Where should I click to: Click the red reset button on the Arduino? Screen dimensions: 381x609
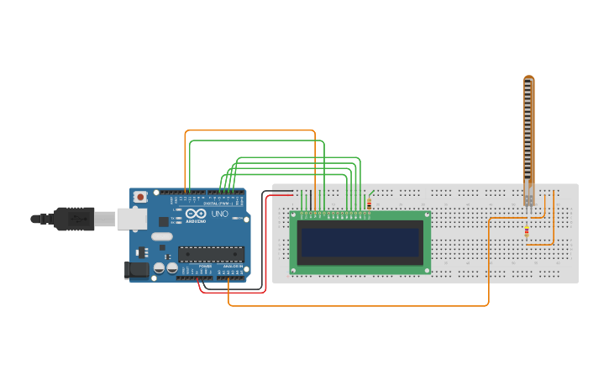[139, 197]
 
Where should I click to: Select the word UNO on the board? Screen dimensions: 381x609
[219, 214]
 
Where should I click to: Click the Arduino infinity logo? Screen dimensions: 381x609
[196, 214]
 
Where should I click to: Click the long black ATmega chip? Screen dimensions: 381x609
[210, 253]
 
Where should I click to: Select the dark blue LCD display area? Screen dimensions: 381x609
[360, 243]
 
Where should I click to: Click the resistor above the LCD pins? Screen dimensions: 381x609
[369, 202]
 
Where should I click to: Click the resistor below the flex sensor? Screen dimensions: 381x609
[527, 232]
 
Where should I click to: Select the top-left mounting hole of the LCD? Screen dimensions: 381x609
[294, 215]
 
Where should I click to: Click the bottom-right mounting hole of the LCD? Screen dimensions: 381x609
[427, 270]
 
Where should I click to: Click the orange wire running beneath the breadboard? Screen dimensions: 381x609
[361, 306]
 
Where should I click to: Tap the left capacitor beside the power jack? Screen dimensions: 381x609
[158, 268]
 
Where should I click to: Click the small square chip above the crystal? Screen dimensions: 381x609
[161, 236]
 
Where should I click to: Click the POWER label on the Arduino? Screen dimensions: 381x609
[205, 267]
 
